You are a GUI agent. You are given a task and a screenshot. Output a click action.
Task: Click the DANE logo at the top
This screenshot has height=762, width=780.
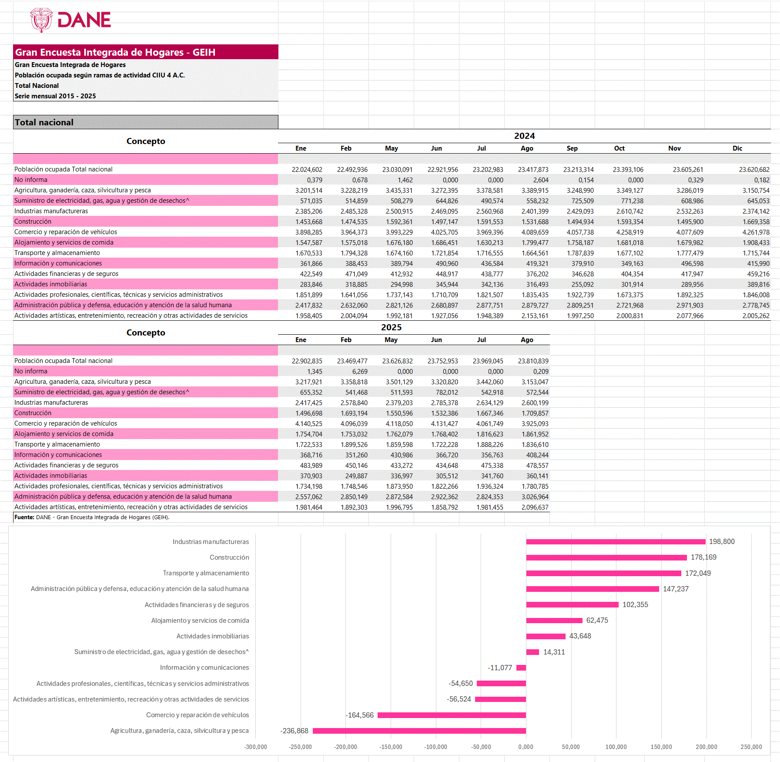pos(70,20)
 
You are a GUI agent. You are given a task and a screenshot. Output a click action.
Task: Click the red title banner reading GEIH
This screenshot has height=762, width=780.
pos(145,52)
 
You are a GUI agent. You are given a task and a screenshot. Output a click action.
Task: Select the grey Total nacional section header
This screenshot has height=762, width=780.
pos(145,122)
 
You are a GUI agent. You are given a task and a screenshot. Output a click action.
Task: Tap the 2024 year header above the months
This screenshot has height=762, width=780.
pos(524,136)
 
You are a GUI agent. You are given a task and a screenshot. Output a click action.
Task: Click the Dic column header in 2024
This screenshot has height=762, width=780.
pos(737,148)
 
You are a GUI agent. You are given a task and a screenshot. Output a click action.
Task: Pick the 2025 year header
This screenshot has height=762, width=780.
pos(391,328)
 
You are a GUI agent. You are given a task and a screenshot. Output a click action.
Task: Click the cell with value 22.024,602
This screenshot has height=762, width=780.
pos(307,170)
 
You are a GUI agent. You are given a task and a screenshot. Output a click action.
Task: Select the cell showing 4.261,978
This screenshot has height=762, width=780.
pos(756,232)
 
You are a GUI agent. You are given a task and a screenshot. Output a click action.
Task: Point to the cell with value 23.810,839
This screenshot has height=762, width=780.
pos(533,361)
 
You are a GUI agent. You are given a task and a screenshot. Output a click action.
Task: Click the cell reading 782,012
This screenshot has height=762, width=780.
pos(447,393)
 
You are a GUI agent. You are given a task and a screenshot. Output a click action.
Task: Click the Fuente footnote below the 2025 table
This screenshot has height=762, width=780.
pos(92,517)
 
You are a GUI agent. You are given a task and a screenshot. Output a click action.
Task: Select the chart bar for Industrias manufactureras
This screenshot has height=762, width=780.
pos(616,542)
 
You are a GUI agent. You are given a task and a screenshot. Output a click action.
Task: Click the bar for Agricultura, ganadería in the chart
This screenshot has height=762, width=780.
pos(419,731)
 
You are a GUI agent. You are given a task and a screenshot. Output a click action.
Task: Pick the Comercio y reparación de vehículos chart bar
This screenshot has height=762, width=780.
pos(452,715)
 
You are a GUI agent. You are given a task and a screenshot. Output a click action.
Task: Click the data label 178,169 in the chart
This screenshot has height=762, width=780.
pos(703,557)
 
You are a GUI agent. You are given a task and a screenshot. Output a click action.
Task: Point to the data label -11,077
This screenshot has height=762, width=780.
pos(499,668)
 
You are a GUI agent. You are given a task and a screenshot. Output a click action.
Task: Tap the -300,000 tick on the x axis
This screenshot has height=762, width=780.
pos(255,747)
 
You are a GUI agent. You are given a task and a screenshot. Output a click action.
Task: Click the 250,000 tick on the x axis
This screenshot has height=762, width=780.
pos(751,747)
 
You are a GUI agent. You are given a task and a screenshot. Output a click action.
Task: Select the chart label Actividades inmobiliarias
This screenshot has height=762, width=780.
pos(212,636)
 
